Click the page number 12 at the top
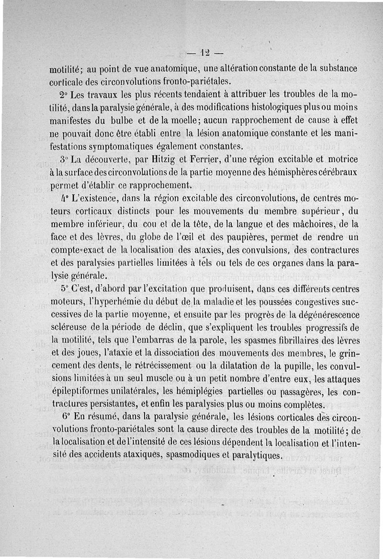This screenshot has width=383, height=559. coord(206,52)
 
